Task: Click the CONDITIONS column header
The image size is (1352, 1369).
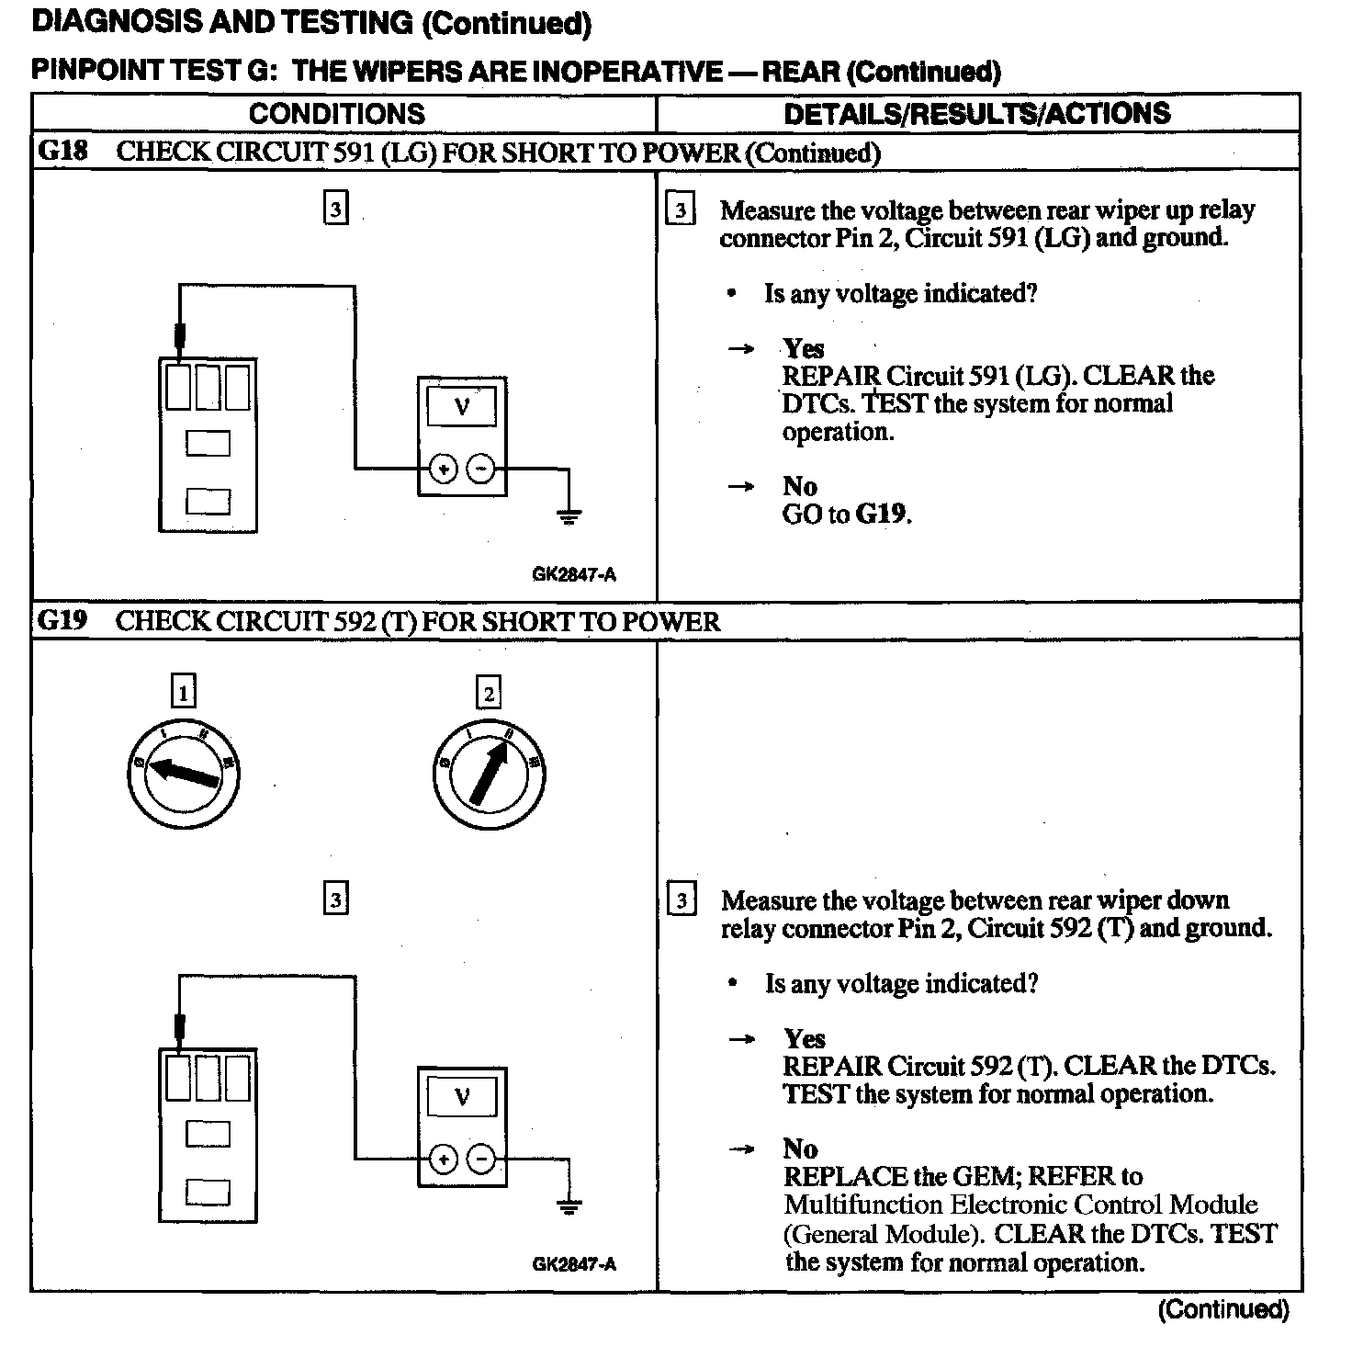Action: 337,114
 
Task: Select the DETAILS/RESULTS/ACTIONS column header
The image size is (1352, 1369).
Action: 976,114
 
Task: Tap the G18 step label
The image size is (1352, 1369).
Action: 62,152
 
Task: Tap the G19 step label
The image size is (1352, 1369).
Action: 62,621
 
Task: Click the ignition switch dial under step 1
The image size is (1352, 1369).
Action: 184,772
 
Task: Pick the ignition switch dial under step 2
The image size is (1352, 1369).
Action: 489,772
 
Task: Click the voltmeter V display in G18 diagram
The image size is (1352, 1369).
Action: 462,406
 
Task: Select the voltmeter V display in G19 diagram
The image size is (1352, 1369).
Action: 462,1097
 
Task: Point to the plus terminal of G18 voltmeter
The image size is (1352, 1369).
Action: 444,470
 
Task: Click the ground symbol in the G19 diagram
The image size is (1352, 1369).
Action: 569,1206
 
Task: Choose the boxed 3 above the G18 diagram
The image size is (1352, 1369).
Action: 336,209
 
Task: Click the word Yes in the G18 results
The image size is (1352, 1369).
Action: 804,349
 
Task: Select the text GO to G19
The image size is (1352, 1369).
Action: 846,514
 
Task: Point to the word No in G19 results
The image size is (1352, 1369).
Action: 800,1148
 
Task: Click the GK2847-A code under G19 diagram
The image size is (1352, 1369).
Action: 574,1264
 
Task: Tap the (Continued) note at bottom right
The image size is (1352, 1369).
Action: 1223,1309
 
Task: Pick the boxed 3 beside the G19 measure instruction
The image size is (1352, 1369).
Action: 681,899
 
